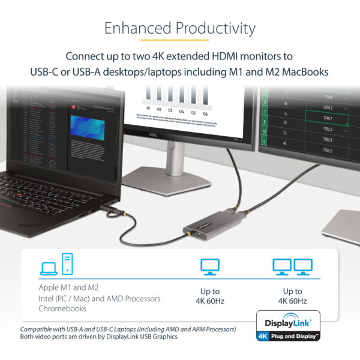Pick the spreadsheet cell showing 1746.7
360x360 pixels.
point(326,119)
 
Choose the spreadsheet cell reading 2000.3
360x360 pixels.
point(326,108)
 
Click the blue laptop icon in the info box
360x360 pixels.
point(49,268)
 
